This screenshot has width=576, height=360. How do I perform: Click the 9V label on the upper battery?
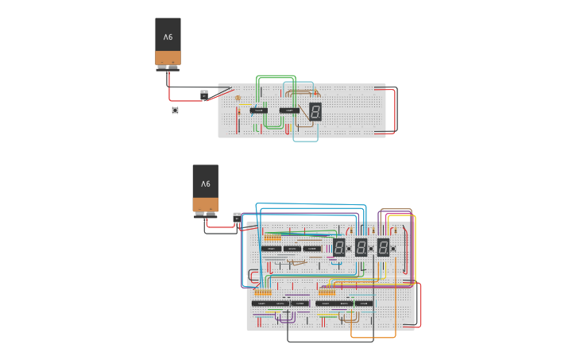pyautogui.click(x=168, y=37)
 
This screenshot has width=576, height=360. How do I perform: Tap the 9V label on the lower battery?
pyautogui.click(x=205, y=184)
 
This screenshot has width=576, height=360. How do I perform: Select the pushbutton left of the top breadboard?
pyautogui.click(x=175, y=110)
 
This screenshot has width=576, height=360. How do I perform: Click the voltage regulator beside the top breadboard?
pyautogui.click(x=204, y=95)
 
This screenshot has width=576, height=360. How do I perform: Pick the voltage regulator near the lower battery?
pyautogui.click(x=237, y=216)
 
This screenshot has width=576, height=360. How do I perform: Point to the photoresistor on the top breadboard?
pyautogui.click(x=238, y=98)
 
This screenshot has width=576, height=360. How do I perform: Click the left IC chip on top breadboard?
pyautogui.click(x=259, y=110)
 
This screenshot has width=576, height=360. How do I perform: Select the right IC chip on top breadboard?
pyautogui.click(x=290, y=110)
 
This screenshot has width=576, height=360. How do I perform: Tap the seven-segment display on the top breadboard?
pyautogui.click(x=315, y=111)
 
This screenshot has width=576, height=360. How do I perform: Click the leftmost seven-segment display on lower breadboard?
pyautogui.click(x=338, y=247)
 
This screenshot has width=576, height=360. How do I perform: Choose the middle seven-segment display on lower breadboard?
pyautogui.click(x=361, y=247)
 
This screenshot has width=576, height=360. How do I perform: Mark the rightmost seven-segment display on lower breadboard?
pyautogui.click(x=383, y=247)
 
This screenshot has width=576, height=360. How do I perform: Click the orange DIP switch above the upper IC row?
pyautogui.click(x=273, y=238)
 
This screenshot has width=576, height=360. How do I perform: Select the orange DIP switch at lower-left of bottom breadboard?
pyautogui.click(x=262, y=292)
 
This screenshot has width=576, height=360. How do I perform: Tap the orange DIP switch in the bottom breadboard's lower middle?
pyautogui.click(x=326, y=292)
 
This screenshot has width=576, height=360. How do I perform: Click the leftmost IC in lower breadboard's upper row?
pyautogui.click(x=271, y=249)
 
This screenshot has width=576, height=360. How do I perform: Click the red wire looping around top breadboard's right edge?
pyautogui.click(x=395, y=110)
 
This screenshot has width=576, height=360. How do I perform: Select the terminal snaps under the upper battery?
pyautogui.click(x=168, y=68)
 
